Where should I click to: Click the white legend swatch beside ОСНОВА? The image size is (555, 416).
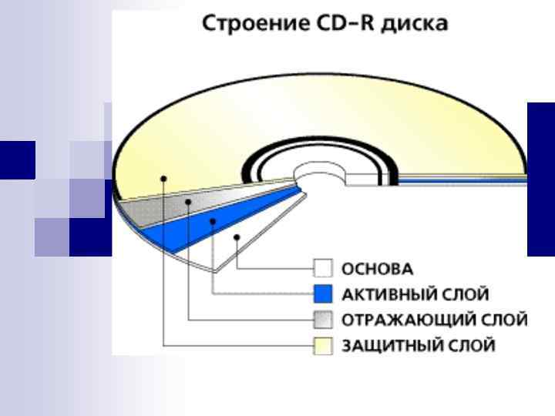point(323,269)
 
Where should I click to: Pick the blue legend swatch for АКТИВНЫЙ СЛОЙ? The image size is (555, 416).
point(323,294)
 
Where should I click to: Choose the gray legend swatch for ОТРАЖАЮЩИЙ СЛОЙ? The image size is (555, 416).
point(323,319)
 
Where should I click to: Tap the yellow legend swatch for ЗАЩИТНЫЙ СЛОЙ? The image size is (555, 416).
point(323,344)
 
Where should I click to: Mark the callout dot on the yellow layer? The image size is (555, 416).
point(163,178)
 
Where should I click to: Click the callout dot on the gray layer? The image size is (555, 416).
point(189,201)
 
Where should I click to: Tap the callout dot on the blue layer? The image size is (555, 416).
point(212,220)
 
